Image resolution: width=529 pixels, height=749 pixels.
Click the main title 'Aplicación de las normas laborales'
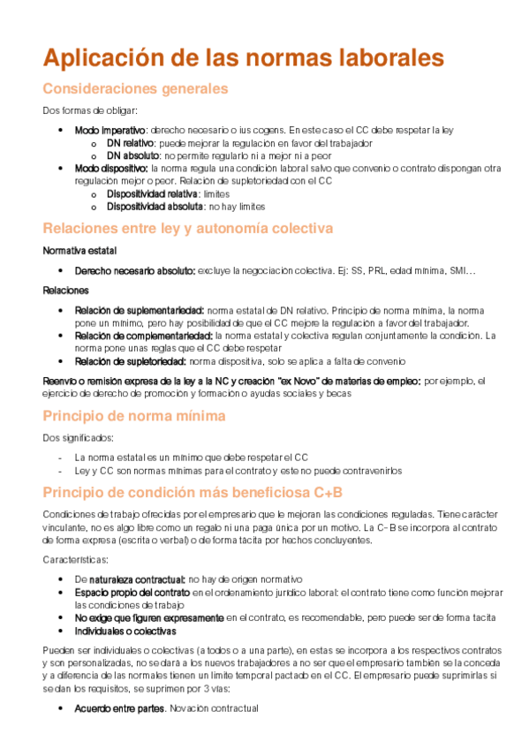coord(243,58)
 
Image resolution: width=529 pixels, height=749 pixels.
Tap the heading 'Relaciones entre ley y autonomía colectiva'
coord(187,228)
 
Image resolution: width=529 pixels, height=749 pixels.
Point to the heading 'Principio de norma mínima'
coord(133,415)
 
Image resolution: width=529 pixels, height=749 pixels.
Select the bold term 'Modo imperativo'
coord(110,130)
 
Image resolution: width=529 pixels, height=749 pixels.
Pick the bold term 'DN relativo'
coord(131,142)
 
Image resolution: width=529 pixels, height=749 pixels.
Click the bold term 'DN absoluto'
coord(132,155)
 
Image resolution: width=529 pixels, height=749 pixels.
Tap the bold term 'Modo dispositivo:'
coord(110,168)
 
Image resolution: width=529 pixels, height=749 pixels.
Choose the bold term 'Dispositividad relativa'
coord(152,193)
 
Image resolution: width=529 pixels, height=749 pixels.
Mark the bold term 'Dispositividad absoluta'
coord(154,207)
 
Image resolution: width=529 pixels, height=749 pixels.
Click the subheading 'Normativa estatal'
coord(79,251)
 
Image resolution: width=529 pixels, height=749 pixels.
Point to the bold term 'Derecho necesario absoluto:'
coord(134,270)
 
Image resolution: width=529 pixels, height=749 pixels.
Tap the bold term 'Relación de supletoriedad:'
coord(131,361)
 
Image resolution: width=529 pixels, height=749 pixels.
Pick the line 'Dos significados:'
coord(78,438)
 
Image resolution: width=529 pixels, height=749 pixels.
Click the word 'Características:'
coord(75,559)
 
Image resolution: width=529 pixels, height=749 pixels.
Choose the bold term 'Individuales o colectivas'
coord(125,632)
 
